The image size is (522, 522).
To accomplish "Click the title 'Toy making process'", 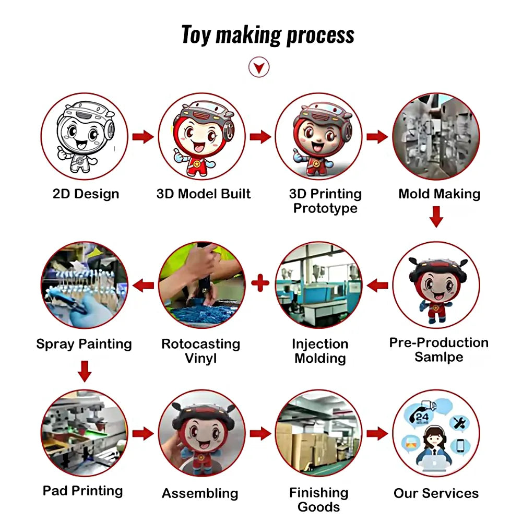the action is point(268,34).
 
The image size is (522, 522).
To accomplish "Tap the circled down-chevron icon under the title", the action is point(259,67).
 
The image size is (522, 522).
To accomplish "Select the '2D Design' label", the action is point(86,194).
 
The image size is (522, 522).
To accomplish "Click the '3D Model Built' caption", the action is point(204,194).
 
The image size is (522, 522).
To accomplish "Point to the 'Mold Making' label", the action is point(440,194).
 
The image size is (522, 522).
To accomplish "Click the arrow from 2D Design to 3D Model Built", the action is point(143,136).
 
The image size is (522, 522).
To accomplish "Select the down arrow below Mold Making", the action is point(436,217).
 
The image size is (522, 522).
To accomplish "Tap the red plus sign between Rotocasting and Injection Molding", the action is point(260,283).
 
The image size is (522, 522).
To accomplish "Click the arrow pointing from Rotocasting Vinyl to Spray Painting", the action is point(143,286).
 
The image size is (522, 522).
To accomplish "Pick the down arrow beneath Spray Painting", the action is point(85,371).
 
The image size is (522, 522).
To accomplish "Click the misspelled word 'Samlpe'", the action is point(439,357).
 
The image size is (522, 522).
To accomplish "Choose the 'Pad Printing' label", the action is point(83,491).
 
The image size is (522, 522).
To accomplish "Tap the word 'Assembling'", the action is point(200,493).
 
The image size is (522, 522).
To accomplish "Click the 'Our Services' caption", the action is point(436,493).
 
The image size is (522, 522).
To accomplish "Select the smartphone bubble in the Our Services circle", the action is point(460,446).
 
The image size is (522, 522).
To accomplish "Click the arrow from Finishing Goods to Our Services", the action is point(377,433).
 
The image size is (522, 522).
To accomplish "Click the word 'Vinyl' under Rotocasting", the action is point(201,358).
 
